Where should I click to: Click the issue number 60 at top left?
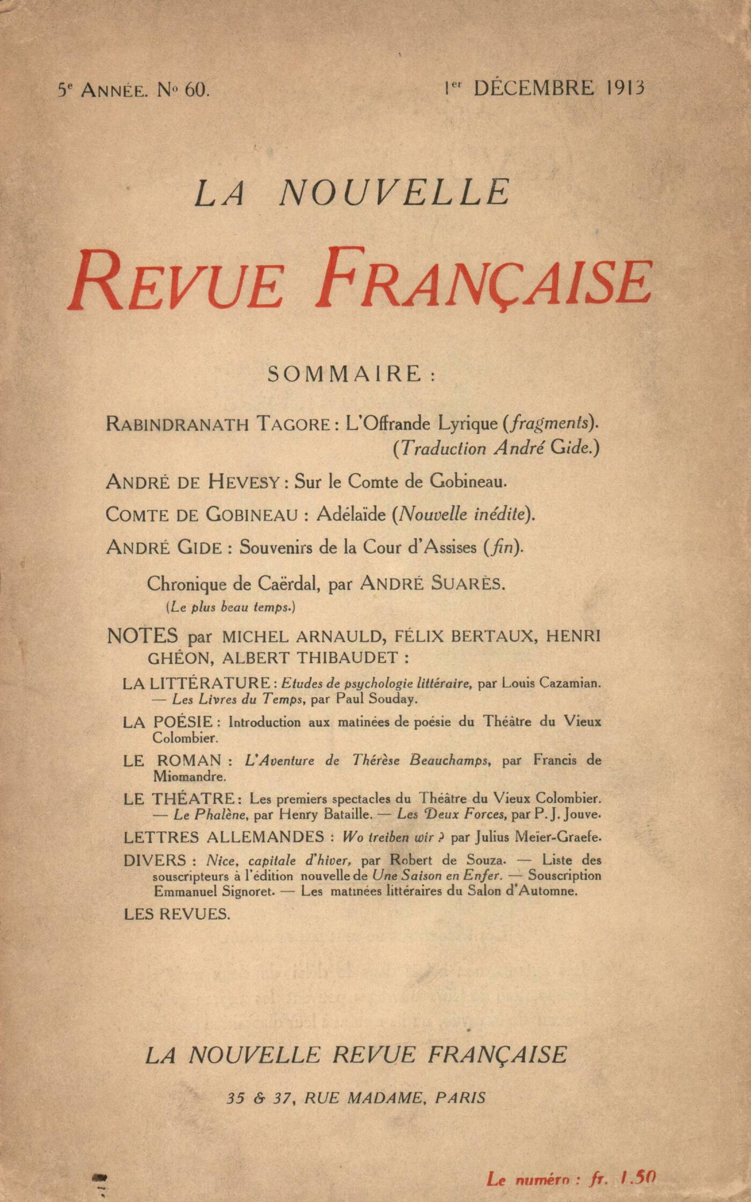[196, 90]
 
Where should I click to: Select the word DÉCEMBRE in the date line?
[533, 87]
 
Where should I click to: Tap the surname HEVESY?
[244, 482]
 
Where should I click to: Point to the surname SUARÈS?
[468, 584]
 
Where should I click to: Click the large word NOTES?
[142, 636]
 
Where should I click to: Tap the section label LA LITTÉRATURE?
[196, 684]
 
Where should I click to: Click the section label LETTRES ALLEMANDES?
[224, 837]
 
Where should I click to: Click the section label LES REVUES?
[177, 914]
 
